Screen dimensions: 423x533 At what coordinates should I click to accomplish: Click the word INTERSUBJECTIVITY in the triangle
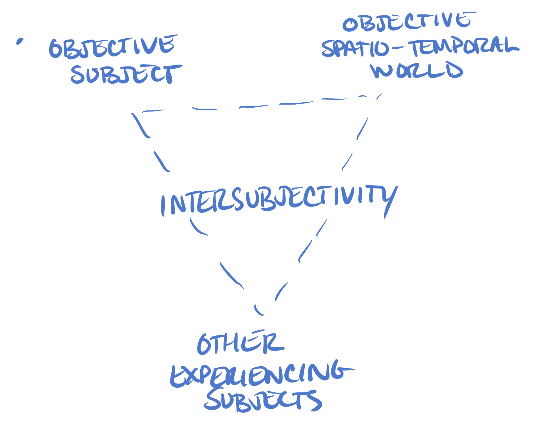coord(278,199)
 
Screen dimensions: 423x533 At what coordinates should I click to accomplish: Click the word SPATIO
coord(356,48)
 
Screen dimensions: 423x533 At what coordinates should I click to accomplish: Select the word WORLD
coord(417,70)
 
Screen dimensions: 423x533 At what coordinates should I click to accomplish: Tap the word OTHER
coord(240,343)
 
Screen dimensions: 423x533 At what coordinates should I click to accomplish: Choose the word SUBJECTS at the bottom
coord(262,400)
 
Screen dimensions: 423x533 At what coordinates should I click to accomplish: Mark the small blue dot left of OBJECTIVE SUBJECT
coord(19,42)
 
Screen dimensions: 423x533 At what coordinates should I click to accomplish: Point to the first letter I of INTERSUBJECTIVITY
coord(163,205)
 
